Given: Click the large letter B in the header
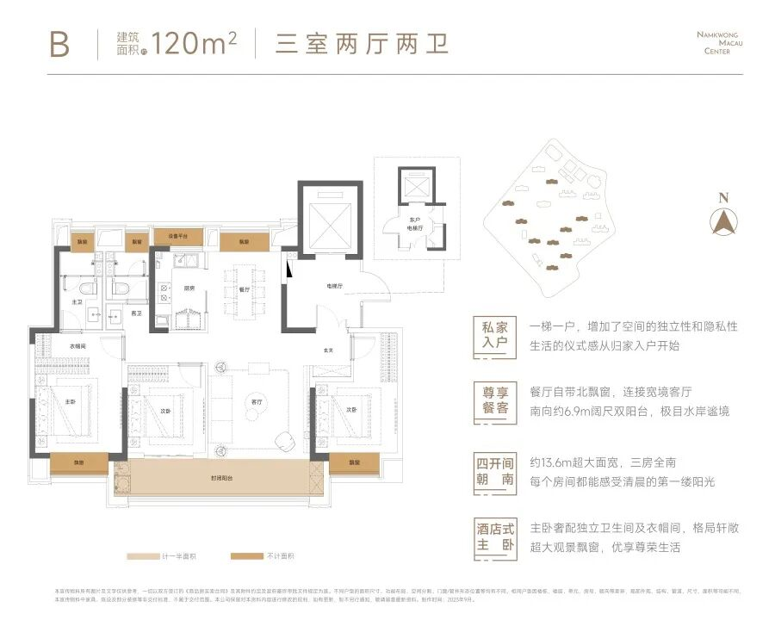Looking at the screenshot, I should click(59, 42).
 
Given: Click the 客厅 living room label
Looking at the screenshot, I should click(255, 402).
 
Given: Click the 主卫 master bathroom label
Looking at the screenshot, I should click(77, 302).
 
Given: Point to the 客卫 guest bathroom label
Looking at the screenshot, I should click(135, 313).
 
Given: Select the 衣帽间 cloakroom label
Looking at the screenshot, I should click(79, 346).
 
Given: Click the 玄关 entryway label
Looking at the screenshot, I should click(328, 350).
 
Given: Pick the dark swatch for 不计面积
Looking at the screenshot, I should click(251, 557).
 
